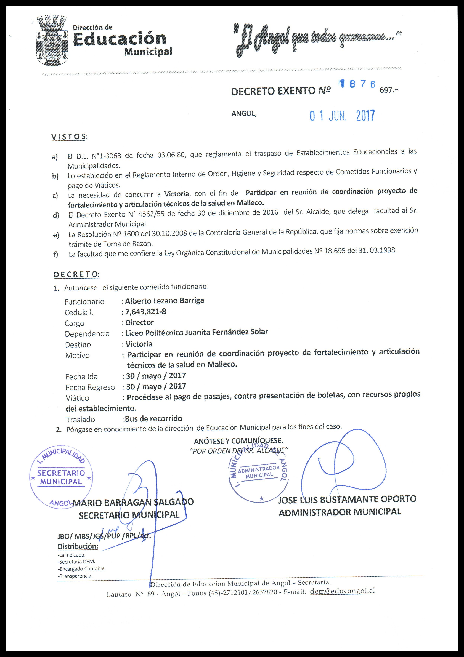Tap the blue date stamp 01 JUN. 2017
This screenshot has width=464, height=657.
click(342, 116)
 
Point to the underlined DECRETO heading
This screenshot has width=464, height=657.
click(76, 274)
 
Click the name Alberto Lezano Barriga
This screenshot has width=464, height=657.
click(164, 301)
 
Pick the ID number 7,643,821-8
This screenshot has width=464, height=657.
click(146, 312)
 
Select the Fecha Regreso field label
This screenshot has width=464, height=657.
click(90, 387)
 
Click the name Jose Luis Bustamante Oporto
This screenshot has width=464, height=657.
click(347, 499)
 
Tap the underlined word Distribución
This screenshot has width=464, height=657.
click(78, 546)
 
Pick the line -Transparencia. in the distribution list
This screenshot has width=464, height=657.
click(75, 576)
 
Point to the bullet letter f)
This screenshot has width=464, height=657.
click(56, 254)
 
